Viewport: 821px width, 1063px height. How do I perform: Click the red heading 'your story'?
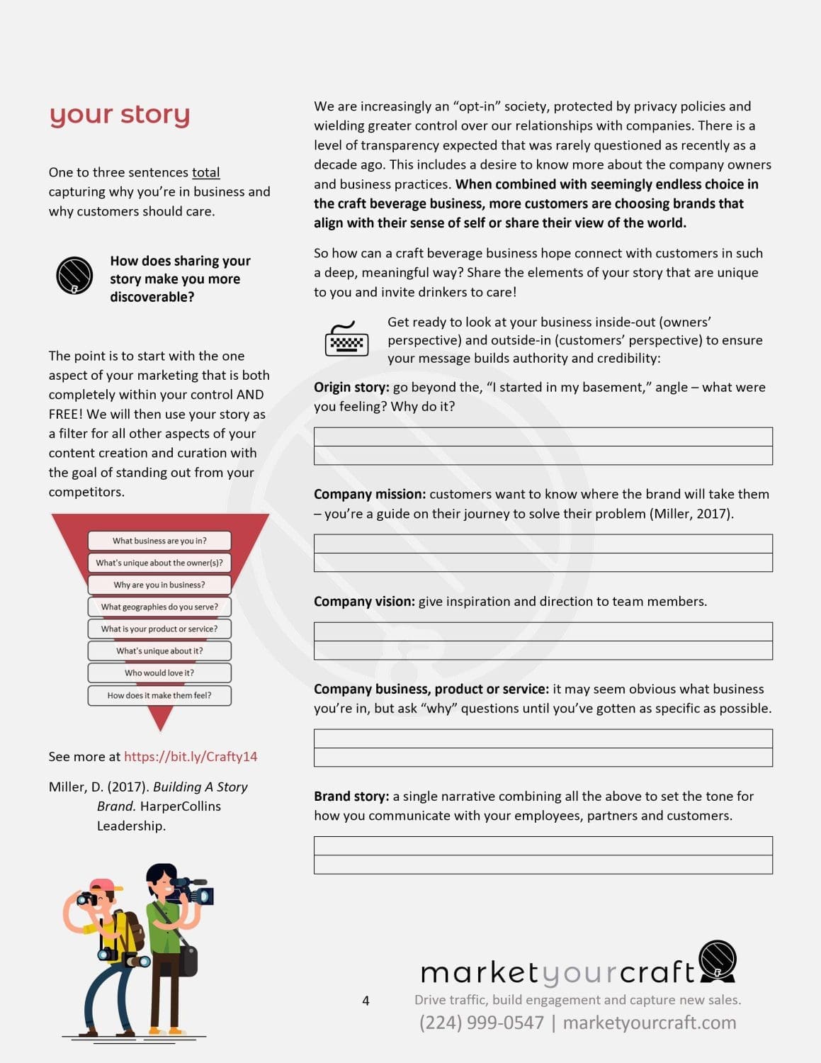click(x=120, y=114)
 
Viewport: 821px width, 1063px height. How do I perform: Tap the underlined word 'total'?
click(x=205, y=172)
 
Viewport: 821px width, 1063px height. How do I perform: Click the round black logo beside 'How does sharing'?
click(x=74, y=275)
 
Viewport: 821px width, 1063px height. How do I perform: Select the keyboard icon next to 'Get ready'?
click(x=346, y=339)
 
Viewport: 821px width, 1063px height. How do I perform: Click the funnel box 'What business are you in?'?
click(x=159, y=541)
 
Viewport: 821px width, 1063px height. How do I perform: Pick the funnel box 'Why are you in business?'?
click(x=159, y=585)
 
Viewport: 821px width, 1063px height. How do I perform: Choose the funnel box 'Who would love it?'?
click(x=159, y=673)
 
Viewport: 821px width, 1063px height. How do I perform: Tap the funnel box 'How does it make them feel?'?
click(x=159, y=695)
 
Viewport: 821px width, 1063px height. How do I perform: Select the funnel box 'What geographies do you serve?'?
click(x=159, y=607)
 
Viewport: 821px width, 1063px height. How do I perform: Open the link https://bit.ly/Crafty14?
click(x=191, y=756)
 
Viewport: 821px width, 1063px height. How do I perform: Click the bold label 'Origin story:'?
click(x=351, y=387)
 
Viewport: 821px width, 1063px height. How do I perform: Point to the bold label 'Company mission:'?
click(x=370, y=494)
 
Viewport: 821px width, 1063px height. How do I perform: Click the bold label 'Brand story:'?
click(x=351, y=796)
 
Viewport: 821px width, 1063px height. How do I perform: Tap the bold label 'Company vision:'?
click(x=364, y=601)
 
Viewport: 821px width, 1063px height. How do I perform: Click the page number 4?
click(x=366, y=1001)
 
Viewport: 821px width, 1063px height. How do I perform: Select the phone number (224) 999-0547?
click(x=482, y=1023)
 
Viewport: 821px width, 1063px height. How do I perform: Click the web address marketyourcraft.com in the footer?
click(x=650, y=1023)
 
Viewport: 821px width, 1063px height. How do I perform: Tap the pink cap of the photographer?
click(x=104, y=885)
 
